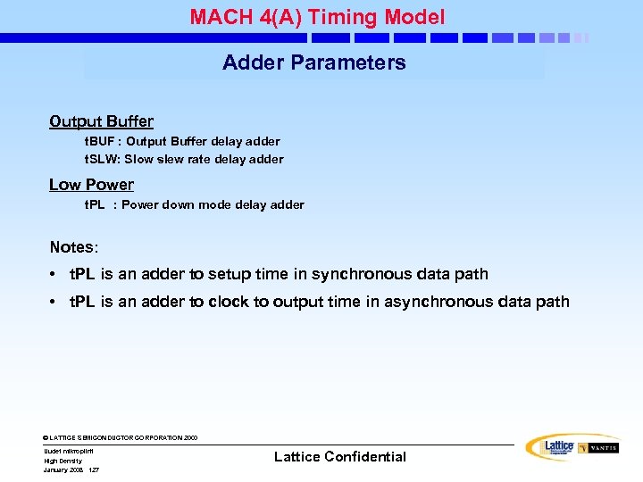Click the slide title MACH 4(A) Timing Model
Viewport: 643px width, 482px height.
(x=317, y=17)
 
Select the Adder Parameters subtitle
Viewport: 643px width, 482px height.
(x=313, y=62)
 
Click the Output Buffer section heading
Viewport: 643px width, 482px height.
(x=101, y=121)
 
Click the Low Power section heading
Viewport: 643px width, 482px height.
(x=91, y=185)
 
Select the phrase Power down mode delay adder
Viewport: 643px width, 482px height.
(x=213, y=205)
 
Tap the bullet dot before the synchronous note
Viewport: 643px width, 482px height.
(x=55, y=275)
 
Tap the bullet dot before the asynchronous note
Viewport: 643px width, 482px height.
(x=55, y=303)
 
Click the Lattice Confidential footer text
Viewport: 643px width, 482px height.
(x=339, y=457)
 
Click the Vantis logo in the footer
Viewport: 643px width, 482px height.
(x=598, y=448)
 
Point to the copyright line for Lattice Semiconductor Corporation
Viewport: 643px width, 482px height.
(x=121, y=438)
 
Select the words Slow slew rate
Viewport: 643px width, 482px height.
(x=165, y=160)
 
